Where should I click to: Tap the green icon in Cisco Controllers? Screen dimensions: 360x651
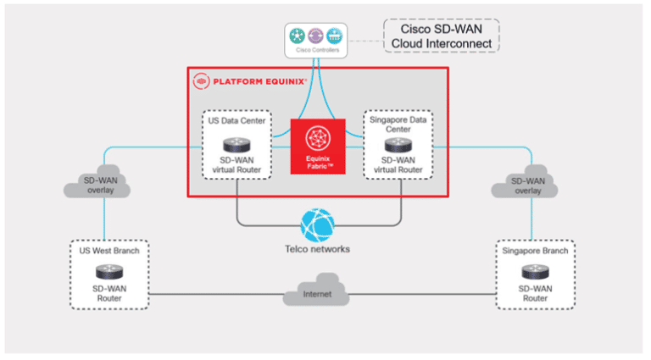(x=296, y=36)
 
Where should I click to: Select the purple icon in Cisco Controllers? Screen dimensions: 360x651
(x=314, y=36)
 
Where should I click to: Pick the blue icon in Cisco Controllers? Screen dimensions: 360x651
(x=333, y=36)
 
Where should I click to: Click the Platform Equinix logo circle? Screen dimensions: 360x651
(x=201, y=81)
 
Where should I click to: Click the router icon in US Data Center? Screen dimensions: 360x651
(x=236, y=143)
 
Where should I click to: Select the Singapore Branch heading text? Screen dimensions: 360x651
(x=534, y=251)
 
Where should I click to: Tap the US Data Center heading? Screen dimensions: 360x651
(x=236, y=120)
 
